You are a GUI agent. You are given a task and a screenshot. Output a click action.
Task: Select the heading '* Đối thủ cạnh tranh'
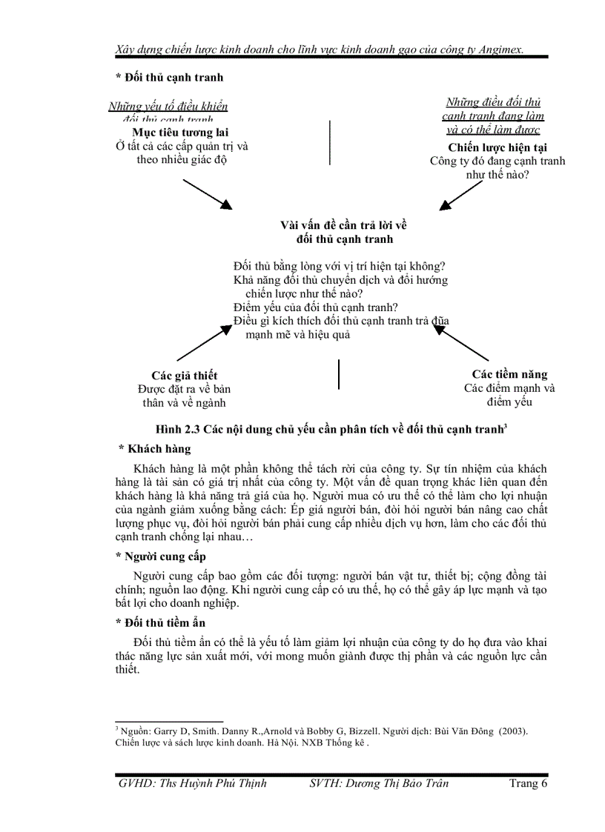tap(170, 77)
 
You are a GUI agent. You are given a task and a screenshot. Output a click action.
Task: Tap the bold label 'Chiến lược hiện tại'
tap(497, 147)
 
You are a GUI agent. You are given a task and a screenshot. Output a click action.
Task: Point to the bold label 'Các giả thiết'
tap(185, 376)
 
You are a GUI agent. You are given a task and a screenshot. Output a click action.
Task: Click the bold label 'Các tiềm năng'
tap(510, 374)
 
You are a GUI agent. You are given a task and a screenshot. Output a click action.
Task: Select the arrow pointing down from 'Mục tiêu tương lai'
tap(208, 193)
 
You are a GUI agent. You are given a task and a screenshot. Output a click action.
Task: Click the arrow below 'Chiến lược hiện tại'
tap(462, 196)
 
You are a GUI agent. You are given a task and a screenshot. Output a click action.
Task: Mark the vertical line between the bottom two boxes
tap(339, 374)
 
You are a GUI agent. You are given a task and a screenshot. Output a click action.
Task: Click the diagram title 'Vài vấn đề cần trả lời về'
tap(343, 225)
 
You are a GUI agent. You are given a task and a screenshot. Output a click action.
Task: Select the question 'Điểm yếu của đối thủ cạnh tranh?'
tap(316, 307)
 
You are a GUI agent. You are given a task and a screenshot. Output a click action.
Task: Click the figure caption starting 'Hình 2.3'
tap(331, 429)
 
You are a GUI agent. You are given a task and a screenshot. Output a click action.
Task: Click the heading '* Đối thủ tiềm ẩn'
tap(161, 622)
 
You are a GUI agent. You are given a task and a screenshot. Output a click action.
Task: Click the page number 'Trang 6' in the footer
tap(528, 784)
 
